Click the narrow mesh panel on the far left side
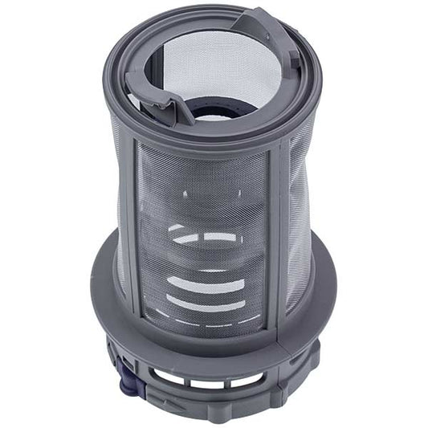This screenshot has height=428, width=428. [x=120, y=217]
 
